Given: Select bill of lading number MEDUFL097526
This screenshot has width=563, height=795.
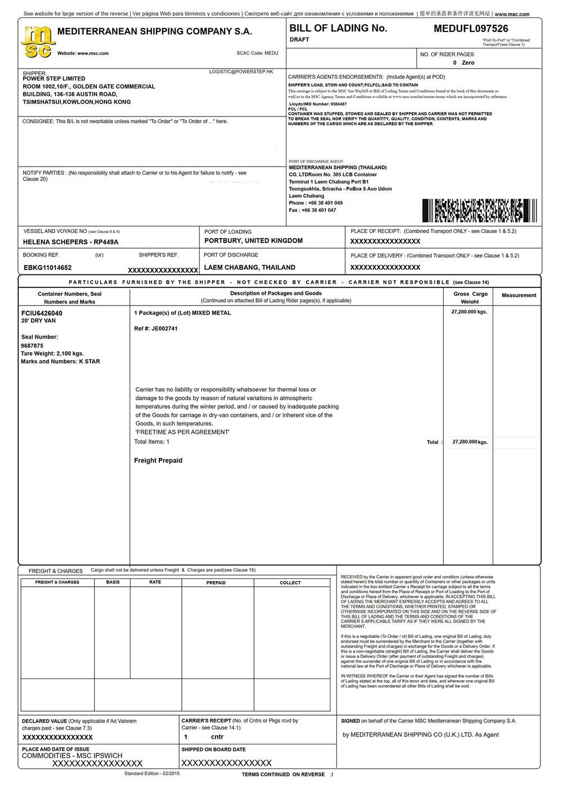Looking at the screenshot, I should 471,29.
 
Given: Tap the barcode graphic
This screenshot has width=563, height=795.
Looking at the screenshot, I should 479,210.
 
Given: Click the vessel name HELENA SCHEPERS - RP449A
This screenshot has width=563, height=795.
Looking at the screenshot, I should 71,242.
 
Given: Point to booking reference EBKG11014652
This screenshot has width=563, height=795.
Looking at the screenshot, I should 48,268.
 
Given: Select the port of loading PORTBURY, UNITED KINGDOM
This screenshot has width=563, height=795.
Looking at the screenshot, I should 253,241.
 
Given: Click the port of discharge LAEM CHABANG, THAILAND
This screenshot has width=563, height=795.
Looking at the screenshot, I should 249,267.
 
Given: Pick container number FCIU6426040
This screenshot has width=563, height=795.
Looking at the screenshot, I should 42,313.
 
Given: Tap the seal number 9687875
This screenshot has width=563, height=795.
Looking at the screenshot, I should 32,345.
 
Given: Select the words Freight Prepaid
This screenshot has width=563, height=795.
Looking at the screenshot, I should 158,461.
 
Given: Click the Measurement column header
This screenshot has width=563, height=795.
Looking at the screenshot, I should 519,295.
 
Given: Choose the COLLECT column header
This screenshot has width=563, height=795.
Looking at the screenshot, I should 291,583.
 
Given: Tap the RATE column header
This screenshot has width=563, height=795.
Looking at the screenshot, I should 155,582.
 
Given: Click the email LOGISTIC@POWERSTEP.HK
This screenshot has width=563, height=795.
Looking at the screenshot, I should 241,72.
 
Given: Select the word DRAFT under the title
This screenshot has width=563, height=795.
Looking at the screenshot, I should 300,40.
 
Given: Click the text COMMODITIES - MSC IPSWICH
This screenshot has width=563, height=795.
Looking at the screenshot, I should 72,756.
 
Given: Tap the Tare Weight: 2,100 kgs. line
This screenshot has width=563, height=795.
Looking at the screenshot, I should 52,353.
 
